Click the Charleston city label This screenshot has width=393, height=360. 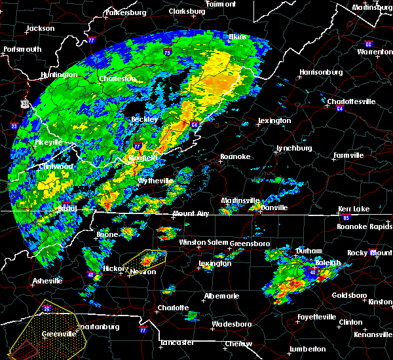point(117,79)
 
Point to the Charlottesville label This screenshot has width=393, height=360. point(351,101)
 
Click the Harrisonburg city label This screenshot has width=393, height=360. point(321,71)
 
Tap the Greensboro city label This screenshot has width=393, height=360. point(250,243)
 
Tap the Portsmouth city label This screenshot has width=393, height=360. point(22,49)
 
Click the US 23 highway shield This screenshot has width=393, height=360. point(24,103)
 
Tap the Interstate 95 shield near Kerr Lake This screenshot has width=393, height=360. point(346,216)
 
